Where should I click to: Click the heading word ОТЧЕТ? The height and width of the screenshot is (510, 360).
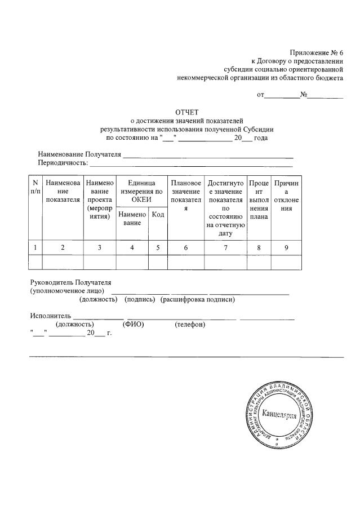[187, 112]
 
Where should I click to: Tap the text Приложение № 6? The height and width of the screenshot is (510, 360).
[316, 52]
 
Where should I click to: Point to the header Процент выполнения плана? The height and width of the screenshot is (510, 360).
[259, 199]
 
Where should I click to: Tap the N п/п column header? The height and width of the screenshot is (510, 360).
[35, 187]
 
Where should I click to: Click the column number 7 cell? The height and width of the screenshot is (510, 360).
[225, 247]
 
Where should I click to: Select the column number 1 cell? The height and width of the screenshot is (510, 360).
[35, 247]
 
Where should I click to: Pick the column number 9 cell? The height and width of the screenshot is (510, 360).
[286, 247]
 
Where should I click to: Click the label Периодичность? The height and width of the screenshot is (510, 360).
[63, 163]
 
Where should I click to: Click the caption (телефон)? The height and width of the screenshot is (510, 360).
[190, 325]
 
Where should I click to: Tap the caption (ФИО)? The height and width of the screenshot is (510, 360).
[133, 325]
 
